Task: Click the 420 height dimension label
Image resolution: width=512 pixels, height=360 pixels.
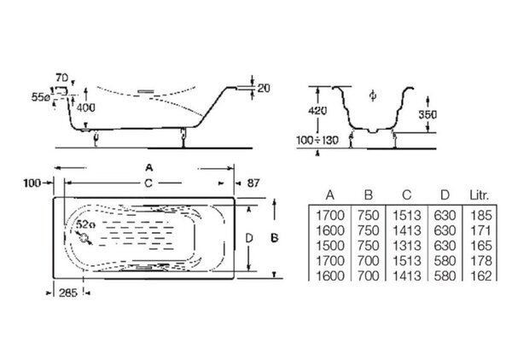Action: coord(317,111)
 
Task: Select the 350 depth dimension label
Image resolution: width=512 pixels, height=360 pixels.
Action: coord(428,115)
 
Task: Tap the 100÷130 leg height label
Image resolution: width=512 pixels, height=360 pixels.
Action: coord(317,141)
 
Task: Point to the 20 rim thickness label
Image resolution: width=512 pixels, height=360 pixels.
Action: coord(264,88)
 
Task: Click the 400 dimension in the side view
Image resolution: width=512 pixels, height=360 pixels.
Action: coord(86,107)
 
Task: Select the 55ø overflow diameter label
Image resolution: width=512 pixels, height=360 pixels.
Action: coord(40,97)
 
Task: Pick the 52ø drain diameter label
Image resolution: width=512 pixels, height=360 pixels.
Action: coord(86,224)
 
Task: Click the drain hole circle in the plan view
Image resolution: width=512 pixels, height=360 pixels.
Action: coord(84,239)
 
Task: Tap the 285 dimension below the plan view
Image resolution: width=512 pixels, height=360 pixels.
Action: coord(68,293)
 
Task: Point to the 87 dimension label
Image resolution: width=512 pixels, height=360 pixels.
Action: coord(253,183)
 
